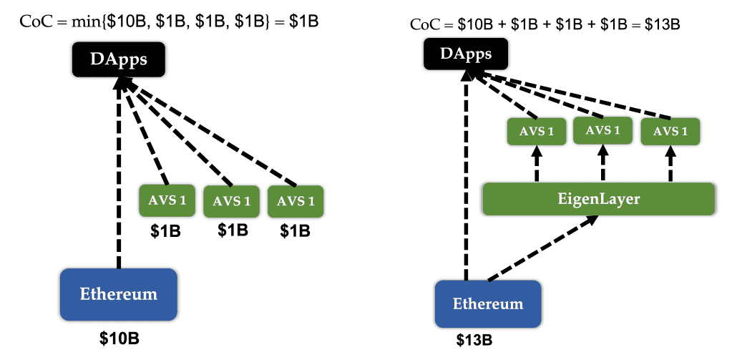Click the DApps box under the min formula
[x=119, y=59]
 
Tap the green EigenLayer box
[x=598, y=199]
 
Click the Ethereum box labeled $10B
[x=119, y=295]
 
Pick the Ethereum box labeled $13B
[x=488, y=304]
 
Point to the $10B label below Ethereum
[x=119, y=339]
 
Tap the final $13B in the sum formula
[x=662, y=25]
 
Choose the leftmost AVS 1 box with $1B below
[x=167, y=201]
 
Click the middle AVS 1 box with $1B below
[x=232, y=202]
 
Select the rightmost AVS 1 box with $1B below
[x=296, y=202]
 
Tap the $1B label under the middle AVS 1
[x=233, y=230]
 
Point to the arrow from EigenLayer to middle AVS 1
[x=602, y=162]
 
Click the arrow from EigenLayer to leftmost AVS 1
[x=537, y=163]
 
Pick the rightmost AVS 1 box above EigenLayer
[x=670, y=131]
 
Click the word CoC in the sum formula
[x=424, y=25]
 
